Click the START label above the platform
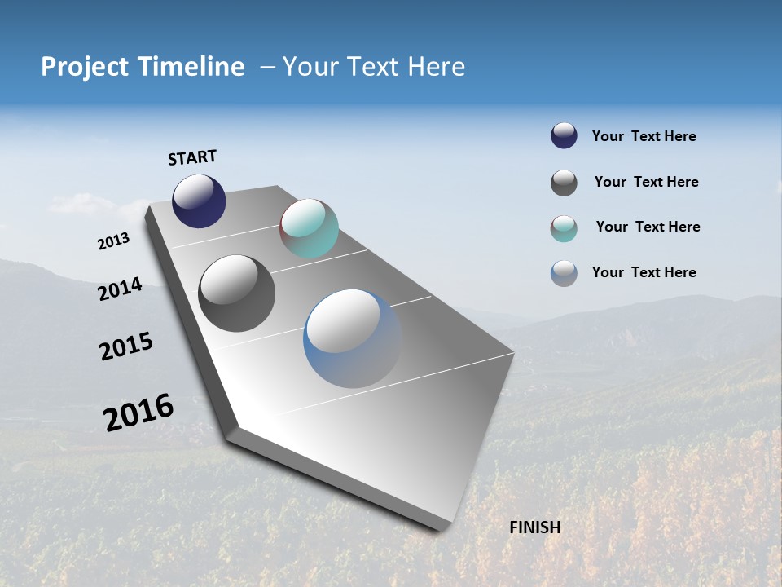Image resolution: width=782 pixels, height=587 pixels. click(x=192, y=157)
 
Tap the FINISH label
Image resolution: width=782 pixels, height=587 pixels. click(x=534, y=527)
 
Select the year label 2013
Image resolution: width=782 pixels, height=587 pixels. click(x=113, y=241)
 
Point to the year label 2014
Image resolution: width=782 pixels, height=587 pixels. click(x=121, y=289)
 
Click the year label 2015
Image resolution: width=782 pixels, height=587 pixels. click(x=126, y=346)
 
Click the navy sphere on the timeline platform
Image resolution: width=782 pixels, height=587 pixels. click(x=199, y=201)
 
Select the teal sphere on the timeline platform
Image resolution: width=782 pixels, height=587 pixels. click(x=309, y=228)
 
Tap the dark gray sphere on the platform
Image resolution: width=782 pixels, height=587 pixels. click(x=237, y=293)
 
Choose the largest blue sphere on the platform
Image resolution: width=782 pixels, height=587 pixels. click(x=352, y=338)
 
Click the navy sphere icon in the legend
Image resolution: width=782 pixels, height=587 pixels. click(x=564, y=136)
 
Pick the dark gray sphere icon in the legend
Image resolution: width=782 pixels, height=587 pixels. click(x=564, y=183)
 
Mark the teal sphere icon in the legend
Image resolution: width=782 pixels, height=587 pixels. click(x=564, y=228)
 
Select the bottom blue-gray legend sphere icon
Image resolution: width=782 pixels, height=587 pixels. click(x=564, y=273)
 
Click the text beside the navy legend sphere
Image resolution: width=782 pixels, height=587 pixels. click(x=644, y=136)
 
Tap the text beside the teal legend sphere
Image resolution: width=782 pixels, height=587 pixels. click(x=648, y=227)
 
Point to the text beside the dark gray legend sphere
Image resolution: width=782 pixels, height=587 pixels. click(x=646, y=182)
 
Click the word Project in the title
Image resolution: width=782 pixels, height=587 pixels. click(x=85, y=67)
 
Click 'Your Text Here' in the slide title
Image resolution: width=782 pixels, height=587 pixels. click(x=374, y=67)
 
